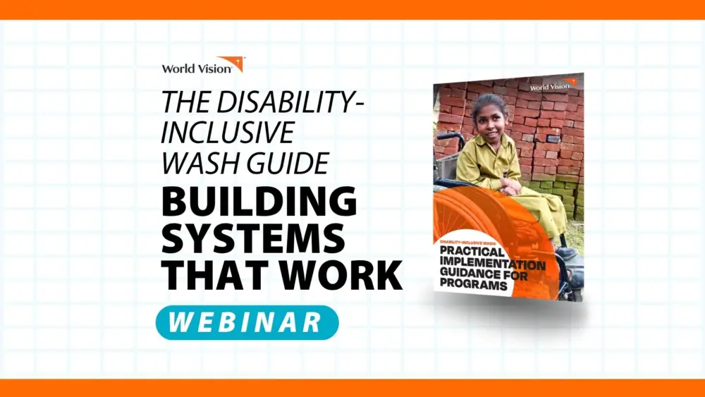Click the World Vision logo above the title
pyautogui.click(x=202, y=66)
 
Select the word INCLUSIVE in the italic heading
pyautogui.click(x=227, y=133)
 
